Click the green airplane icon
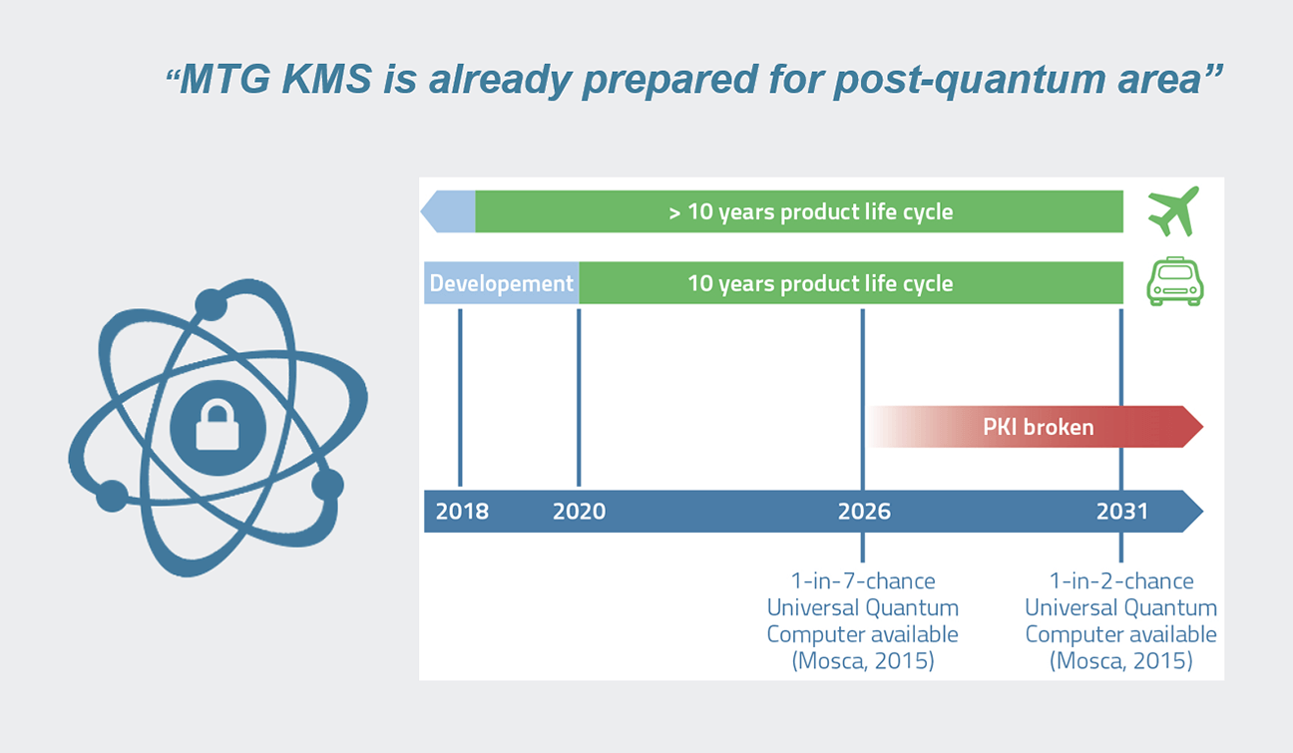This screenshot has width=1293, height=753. (1173, 211)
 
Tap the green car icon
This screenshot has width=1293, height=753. (1175, 281)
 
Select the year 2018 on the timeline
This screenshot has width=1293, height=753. (462, 512)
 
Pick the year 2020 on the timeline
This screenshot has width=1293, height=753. (579, 512)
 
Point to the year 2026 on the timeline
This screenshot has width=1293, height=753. (864, 512)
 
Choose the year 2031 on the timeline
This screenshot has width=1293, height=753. (1122, 512)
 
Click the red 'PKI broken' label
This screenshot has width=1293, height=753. (1038, 427)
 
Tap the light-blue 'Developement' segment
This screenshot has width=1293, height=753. (501, 282)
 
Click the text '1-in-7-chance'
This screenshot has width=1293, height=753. (863, 581)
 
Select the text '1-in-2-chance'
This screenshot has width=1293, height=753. (1121, 581)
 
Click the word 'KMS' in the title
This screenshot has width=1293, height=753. (326, 79)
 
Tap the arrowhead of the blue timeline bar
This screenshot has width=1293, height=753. (1192, 512)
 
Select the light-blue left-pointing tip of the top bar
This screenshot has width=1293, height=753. (447, 211)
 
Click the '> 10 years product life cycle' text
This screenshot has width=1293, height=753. (810, 211)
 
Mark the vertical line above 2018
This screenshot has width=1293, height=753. (460, 397)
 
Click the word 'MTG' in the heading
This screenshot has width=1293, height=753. (225, 79)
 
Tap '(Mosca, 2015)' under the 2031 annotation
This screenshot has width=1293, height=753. (1121, 660)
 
